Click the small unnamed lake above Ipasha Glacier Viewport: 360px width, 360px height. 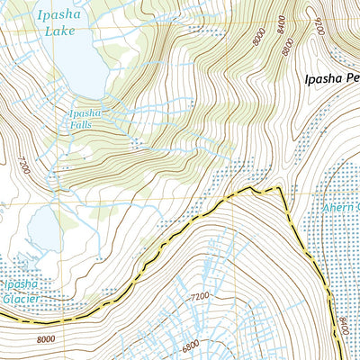(x=43, y=230)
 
